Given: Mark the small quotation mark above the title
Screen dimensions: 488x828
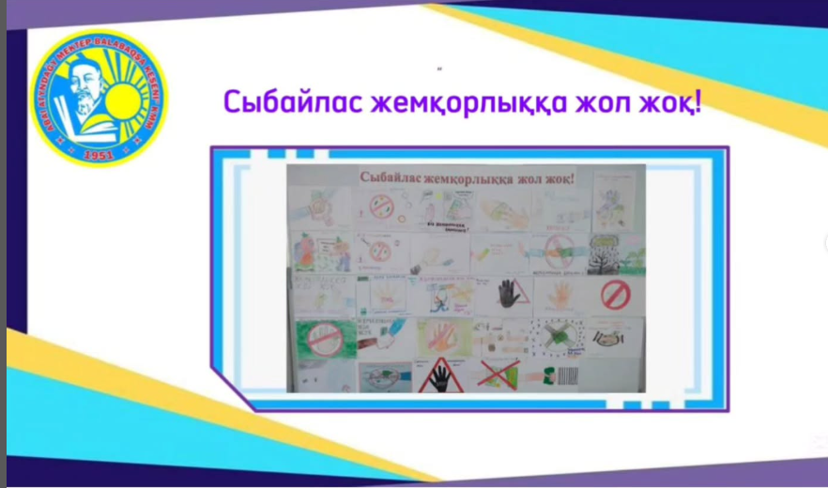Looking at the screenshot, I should pos(438,69).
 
